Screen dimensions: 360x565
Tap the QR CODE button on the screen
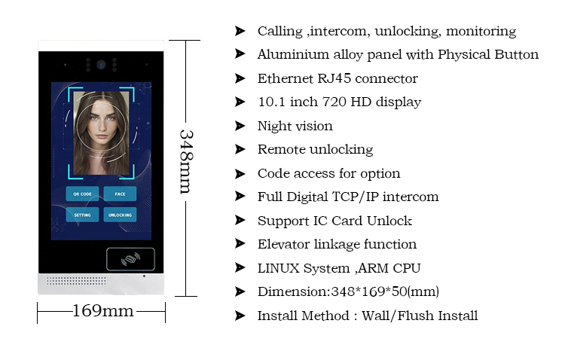82,194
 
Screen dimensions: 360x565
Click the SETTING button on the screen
82,215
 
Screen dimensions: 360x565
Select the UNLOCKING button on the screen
120,215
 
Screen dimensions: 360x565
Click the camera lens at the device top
99,65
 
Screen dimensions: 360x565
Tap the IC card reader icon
130,260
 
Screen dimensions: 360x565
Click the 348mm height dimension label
185,160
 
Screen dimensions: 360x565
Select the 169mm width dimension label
102,310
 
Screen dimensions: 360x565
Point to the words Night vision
295,126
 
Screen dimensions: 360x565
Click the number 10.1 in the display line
270,102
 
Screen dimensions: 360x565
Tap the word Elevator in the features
282,244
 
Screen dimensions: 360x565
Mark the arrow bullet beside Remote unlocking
240,149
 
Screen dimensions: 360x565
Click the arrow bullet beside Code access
240,173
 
